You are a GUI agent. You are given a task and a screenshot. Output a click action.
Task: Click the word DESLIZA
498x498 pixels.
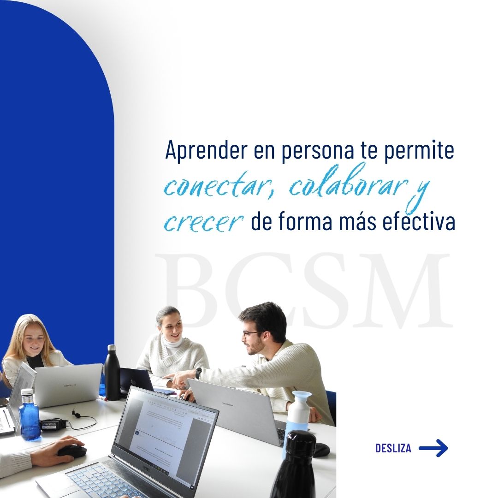pos(393,448)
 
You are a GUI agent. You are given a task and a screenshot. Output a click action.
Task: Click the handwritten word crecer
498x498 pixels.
pos(203,223)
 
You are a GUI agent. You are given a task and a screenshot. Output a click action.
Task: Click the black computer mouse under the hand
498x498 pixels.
pos(72,451)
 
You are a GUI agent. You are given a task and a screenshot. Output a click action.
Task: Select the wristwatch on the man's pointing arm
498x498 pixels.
pos(198,373)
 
